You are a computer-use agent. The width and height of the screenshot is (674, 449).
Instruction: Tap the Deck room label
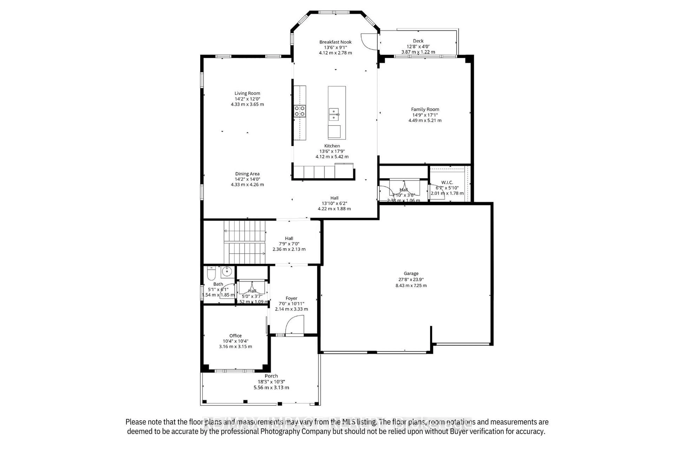click(418, 41)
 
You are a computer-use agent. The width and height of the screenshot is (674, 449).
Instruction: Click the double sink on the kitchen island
click(333, 114)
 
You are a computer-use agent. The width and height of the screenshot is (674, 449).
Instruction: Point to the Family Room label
click(425, 109)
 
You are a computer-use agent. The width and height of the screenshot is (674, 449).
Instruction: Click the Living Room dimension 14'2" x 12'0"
click(247, 99)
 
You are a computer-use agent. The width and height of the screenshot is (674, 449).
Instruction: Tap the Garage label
click(411, 273)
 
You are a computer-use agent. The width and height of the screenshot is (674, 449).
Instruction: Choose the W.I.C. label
click(447, 182)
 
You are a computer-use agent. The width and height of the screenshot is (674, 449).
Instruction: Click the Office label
click(235, 336)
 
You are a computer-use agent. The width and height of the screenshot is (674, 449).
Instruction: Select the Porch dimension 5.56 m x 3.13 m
click(271, 387)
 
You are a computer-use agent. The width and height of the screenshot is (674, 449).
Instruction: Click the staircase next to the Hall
click(245, 242)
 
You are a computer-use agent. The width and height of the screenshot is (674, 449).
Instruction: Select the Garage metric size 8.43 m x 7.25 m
click(411, 286)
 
